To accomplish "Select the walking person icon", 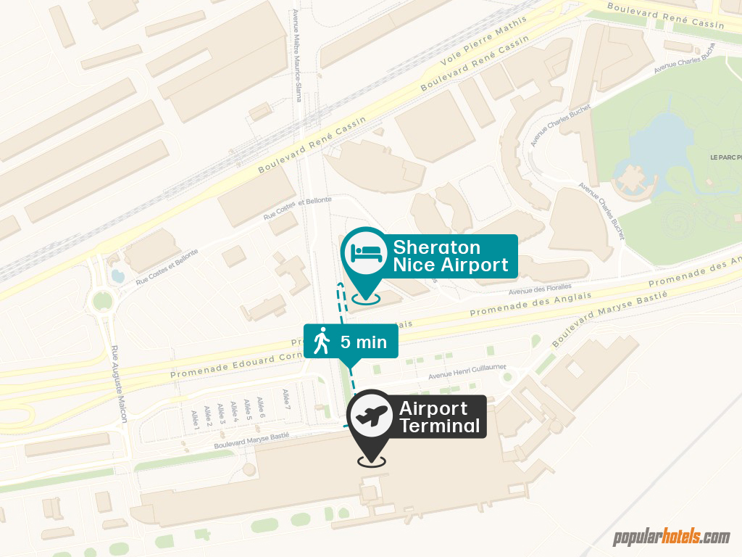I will pos(321,341).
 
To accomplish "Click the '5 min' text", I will pos(364,342).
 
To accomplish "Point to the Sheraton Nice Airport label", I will pos(451,256).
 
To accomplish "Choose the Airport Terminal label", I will pos(439,416).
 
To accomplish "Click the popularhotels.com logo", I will pos(671,537).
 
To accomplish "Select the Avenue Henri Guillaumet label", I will pos(467,371).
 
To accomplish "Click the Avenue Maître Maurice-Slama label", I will pos(297,54).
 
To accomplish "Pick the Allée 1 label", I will pos(195,419).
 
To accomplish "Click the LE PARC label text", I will pos(725,157).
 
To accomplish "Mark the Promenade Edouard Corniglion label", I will pos(232,365).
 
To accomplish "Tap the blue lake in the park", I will pos(645,141).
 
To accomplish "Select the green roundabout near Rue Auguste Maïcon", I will pos(104,300).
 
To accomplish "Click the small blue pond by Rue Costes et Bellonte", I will pos(117,276).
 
